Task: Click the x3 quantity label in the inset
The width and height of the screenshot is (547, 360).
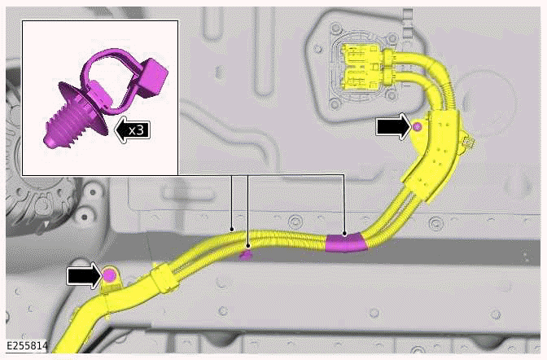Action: click(x=135, y=128)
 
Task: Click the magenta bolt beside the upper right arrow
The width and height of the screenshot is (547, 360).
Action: click(x=417, y=127)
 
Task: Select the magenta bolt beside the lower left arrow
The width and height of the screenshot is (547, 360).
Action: click(x=109, y=276)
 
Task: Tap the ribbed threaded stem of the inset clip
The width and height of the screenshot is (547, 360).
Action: click(x=72, y=131)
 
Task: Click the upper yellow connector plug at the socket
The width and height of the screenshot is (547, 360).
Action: click(x=359, y=58)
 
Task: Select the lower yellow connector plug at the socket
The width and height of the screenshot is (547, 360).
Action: click(x=359, y=79)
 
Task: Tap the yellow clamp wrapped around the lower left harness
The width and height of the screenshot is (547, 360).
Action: click(x=164, y=277)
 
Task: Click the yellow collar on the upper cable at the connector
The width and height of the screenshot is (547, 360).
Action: click(x=390, y=57)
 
